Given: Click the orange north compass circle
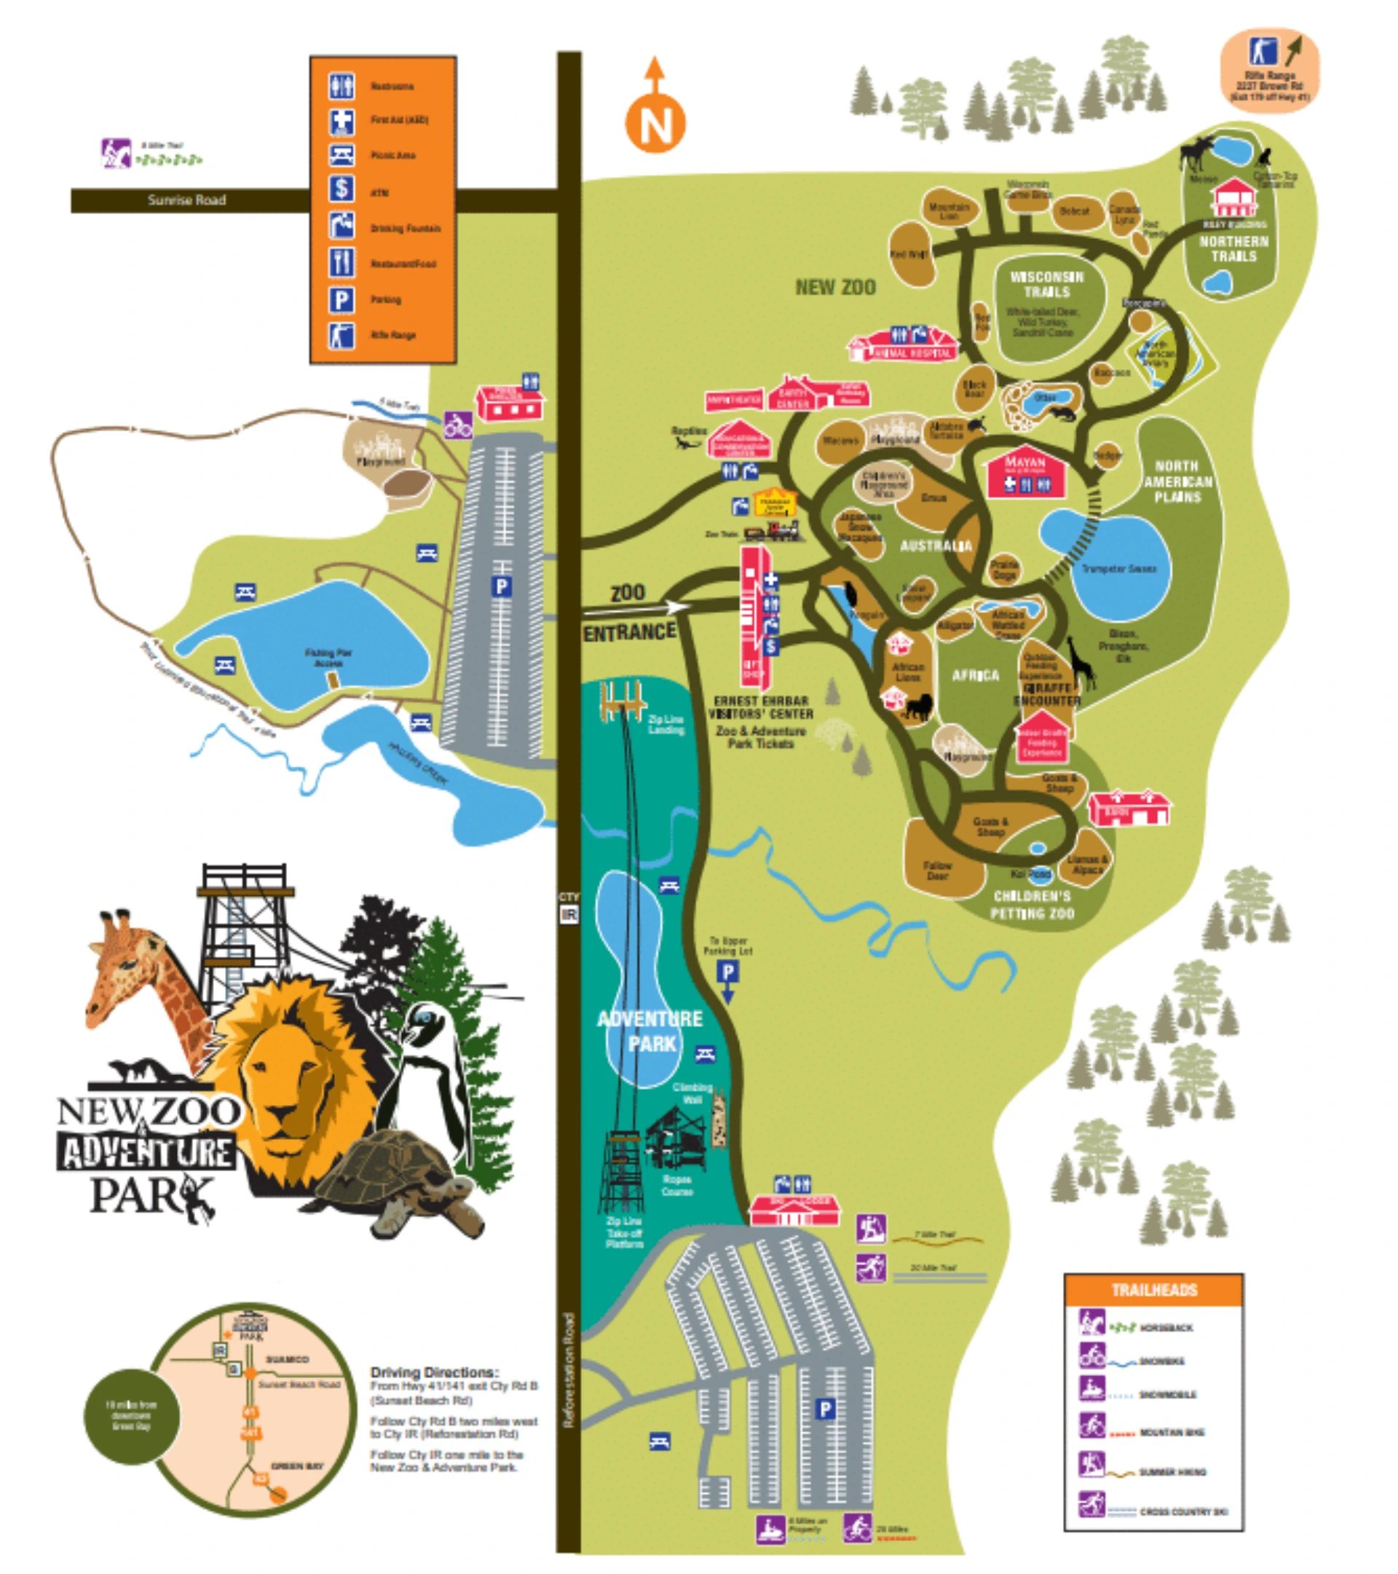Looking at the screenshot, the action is click(x=655, y=123).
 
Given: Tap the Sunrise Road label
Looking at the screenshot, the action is click(x=186, y=200).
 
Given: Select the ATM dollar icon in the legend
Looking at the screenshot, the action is click(x=341, y=189).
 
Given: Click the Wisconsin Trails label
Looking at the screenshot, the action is click(x=1046, y=284).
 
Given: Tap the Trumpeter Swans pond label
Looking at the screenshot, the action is click(x=1118, y=568).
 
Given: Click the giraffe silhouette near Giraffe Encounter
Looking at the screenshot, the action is click(x=1081, y=662).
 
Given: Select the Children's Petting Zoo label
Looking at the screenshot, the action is click(x=1032, y=905).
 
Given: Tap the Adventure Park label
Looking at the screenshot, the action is click(x=650, y=1031).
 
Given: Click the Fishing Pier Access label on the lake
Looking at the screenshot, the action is click(x=328, y=657).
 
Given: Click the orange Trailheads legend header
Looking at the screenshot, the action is click(x=1153, y=1290).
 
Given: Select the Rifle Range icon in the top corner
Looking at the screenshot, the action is click(x=1263, y=52).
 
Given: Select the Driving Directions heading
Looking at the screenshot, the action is click(x=434, y=1372).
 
